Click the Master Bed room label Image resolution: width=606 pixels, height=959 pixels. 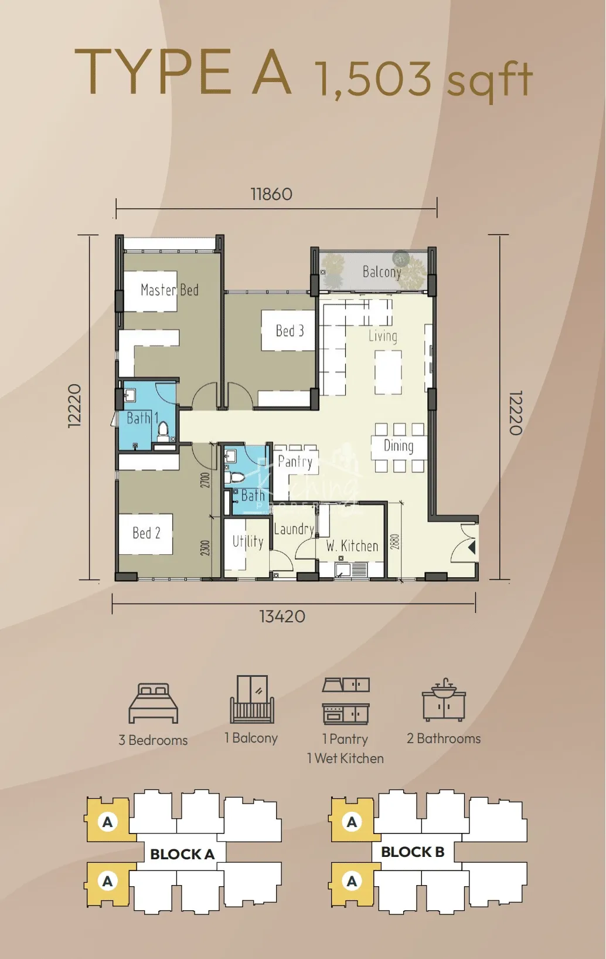(169, 290)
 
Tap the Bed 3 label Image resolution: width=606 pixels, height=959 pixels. (290, 331)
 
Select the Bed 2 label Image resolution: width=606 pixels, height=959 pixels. (146, 533)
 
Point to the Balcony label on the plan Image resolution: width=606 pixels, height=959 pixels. (382, 272)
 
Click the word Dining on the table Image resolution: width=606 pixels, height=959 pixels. (399, 446)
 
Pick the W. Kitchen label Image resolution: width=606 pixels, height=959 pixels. (352, 546)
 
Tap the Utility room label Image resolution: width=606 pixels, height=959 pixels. (247, 541)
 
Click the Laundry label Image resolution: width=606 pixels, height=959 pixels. (294, 529)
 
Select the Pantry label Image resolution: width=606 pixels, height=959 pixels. (295, 462)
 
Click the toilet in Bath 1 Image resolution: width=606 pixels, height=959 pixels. (164, 430)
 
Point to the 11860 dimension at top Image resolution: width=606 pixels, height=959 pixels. (271, 194)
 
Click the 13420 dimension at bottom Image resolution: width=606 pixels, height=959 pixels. (282, 616)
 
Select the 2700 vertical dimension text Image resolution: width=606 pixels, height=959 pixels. (205, 480)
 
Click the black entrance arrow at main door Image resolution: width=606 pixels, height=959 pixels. (472, 548)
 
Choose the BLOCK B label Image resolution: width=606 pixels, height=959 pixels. (413, 852)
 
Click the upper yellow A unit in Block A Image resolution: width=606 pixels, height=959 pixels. (107, 822)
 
